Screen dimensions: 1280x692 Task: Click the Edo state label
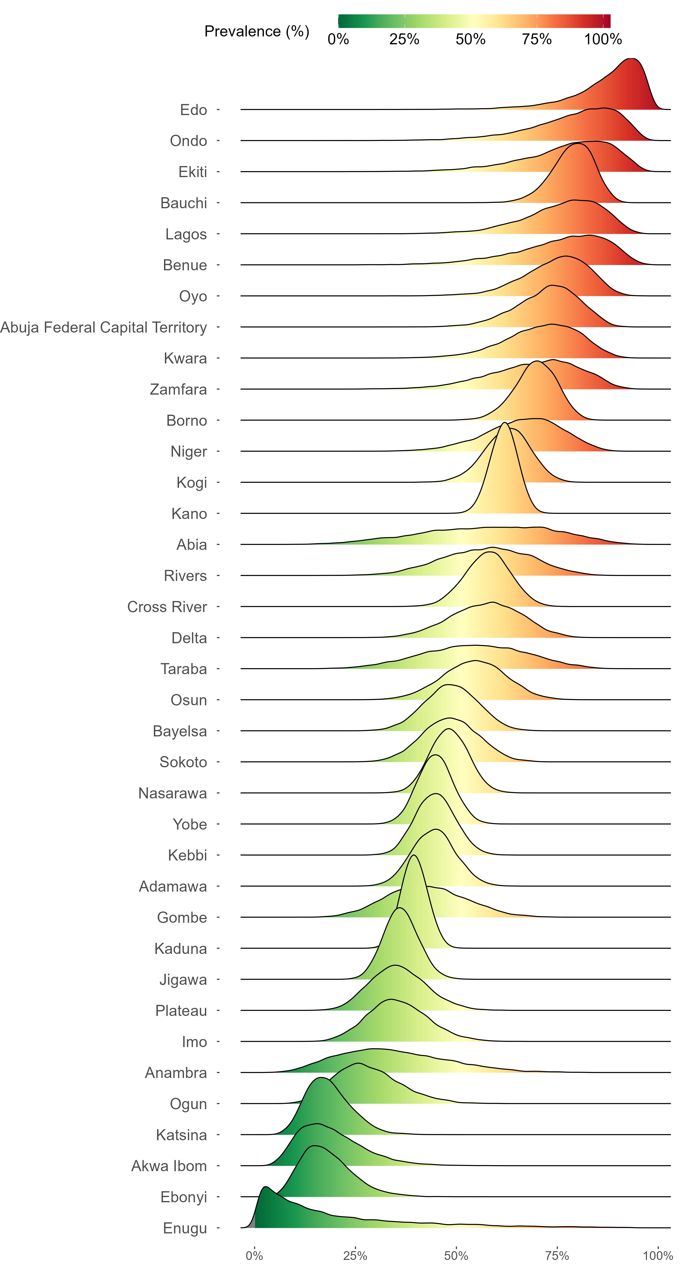click(193, 110)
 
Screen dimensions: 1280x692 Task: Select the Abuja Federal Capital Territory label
click(103, 327)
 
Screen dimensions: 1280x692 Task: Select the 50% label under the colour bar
click(470, 39)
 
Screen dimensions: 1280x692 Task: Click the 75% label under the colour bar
click(536, 39)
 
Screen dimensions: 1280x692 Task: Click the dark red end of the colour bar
click(606, 21)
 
